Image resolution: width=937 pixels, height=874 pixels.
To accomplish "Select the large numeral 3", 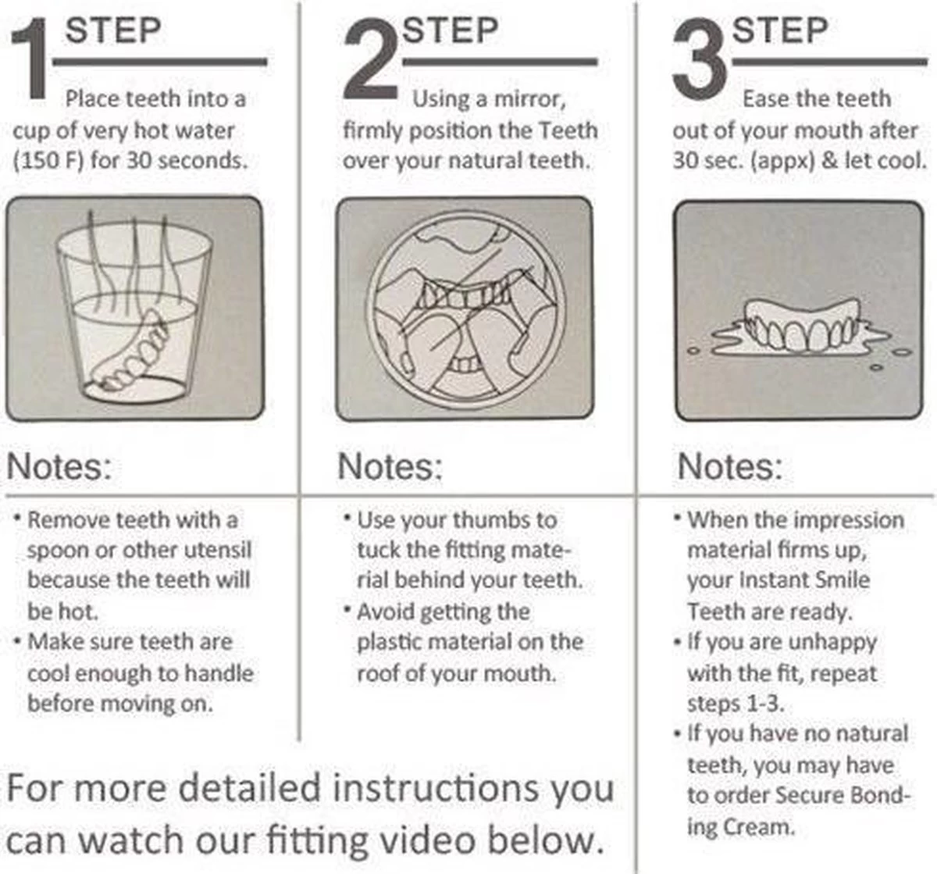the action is point(701,60).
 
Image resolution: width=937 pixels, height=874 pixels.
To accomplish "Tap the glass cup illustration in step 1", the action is point(134,307).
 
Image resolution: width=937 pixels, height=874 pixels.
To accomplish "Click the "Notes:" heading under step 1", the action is point(59,466).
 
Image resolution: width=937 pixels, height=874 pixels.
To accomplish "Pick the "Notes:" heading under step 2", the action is point(390,466).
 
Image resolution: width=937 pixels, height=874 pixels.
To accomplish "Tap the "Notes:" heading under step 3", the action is point(730,466).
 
